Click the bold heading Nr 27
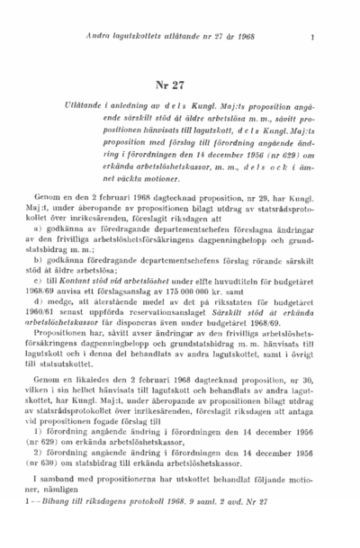point(170,86)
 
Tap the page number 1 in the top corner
point(311,37)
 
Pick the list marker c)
point(55,282)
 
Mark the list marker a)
point(55,229)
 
